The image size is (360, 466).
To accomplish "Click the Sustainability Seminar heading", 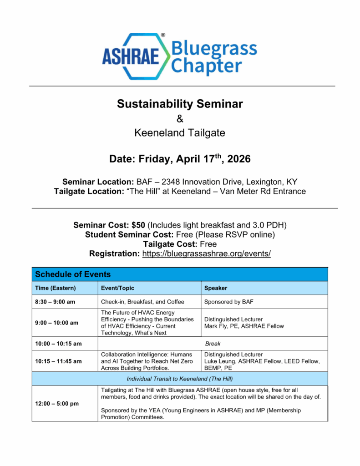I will [x=180, y=104].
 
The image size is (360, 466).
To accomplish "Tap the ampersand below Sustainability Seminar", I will [x=180, y=119].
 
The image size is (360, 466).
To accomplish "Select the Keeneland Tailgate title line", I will [x=180, y=133].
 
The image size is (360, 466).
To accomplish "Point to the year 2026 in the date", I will [x=238, y=160].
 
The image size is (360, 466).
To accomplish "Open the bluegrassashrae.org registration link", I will [x=206, y=253].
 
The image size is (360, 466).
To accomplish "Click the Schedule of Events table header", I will [x=73, y=274].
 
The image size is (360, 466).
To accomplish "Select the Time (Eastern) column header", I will [x=56, y=288].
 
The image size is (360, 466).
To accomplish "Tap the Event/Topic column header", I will [x=117, y=288].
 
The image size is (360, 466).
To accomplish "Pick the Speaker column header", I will [x=216, y=288].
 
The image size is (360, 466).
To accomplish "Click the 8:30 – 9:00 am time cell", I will [x=56, y=302].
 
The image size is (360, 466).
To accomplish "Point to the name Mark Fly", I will [x=217, y=326].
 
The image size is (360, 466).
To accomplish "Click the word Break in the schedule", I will [x=213, y=344].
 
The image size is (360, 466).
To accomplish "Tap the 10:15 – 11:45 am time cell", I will [x=58, y=361].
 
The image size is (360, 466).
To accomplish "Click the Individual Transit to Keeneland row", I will [x=180, y=379].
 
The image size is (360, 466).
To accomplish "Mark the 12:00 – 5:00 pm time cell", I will [x=56, y=404].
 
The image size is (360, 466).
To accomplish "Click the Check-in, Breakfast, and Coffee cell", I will [x=142, y=302].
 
